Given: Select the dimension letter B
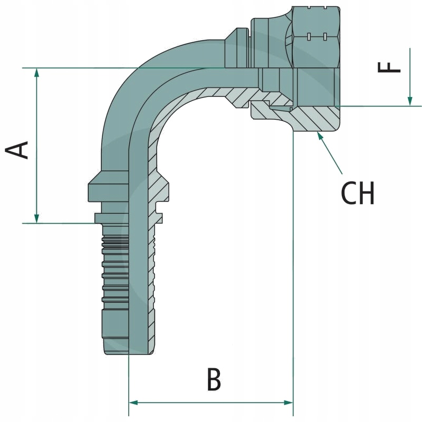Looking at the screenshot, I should (x=214, y=380).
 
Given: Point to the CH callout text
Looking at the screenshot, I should (x=358, y=194).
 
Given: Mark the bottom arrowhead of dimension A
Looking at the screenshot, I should (x=36, y=218).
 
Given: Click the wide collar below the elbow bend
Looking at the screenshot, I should (x=108, y=190).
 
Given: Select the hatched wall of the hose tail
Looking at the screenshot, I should (x=152, y=285).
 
